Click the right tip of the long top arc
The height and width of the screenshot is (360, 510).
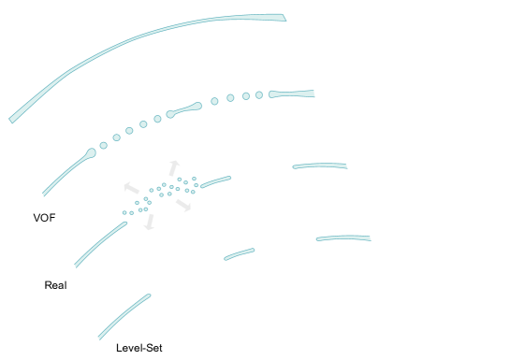(283, 17)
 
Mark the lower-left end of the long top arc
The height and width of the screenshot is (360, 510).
(12, 120)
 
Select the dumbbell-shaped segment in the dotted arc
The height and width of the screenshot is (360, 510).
(184, 109)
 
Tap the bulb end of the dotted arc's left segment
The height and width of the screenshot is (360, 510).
(91, 152)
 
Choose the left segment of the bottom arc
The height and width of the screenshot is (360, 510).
(124, 317)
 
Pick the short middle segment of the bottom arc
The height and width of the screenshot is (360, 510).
(240, 253)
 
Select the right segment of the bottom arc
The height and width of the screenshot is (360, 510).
(343, 238)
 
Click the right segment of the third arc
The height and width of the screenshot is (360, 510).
(320, 166)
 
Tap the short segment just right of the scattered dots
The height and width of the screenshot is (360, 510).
(215, 181)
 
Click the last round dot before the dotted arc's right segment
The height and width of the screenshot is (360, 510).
(259, 94)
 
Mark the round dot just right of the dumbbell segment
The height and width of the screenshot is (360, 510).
(214, 101)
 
